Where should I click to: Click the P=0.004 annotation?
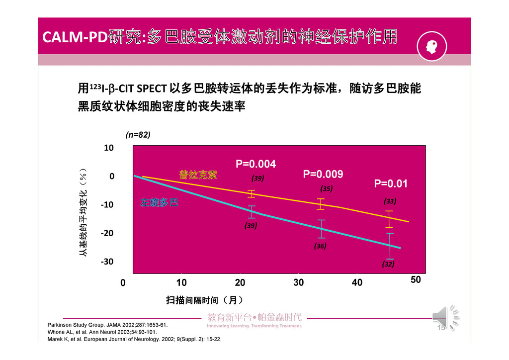point(255,165)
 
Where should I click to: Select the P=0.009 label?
point(323,175)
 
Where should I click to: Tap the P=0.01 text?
point(391,184)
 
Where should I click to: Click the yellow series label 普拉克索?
point(198,175)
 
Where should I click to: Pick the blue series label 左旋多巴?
point(160,203)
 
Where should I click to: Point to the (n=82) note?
point(138,135)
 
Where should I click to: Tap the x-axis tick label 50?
point(416,280)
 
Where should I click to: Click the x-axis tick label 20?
point(240,283)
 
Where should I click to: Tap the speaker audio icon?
point(445,316)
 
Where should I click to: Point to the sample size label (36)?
point(320,246)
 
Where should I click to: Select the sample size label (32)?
point(388,265)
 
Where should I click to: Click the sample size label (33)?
point(390,201)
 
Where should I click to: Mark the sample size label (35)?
point(326,189)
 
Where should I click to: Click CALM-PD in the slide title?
point(75,37)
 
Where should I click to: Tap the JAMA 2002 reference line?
point(107,325)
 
